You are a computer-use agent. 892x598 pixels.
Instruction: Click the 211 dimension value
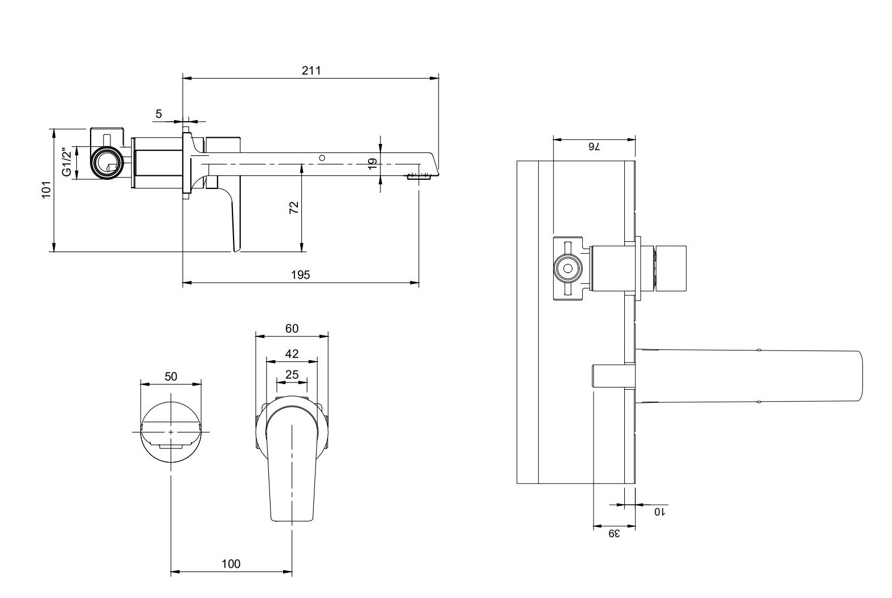coord(312,71)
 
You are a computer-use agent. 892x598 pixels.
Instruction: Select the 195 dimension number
coord(300,275)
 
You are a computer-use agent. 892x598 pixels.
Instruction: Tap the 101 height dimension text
coord(47,189)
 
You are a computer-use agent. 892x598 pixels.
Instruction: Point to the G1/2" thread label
coord(67,162)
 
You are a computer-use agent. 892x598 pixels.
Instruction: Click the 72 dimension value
coord(294,208)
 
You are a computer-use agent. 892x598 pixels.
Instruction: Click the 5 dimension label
coord(159,114)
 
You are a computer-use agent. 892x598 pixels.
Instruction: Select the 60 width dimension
coord(292,328)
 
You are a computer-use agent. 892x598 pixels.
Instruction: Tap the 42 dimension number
coord(292,354)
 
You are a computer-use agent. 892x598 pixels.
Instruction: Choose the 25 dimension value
coord(292,374)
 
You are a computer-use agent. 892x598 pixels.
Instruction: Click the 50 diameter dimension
coord(171,376)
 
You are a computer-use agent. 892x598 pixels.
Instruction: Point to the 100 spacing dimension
coord(231,564)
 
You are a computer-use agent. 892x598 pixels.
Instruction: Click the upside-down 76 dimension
coord(594,147)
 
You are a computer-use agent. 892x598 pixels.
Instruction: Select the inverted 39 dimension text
coord(613,533)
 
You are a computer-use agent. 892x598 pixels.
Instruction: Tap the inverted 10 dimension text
coord(659,512)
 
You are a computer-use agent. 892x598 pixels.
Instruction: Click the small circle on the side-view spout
coord(322,157)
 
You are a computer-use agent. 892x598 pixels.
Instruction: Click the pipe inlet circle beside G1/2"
coord(106,163)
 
